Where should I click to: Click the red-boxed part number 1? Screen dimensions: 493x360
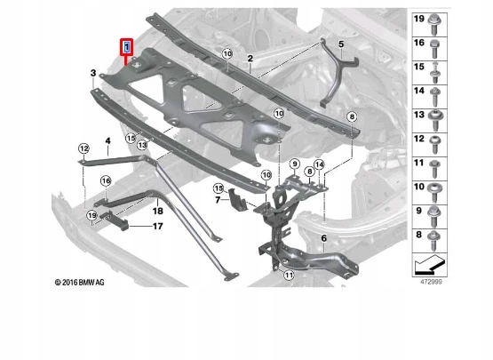[127, 47]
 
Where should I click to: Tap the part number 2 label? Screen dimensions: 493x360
[250, 58]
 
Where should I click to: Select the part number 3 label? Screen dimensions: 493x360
[93, 73]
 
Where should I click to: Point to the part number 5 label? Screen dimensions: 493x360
[341, 44]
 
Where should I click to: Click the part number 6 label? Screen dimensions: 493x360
[324, 238]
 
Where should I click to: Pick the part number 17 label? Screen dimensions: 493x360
[157, 227]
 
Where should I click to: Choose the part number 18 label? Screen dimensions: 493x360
[157, 211]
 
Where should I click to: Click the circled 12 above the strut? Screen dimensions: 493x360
[83, 148]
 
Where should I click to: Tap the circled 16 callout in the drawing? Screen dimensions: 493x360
[106, 181]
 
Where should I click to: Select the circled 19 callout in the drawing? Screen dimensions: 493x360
[91, 216]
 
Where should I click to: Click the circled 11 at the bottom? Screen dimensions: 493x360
[289, 276]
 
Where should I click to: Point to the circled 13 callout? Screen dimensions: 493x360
[142, 145]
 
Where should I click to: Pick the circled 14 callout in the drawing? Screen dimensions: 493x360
[319, 164]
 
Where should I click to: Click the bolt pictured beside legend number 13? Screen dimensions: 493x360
[435, 120]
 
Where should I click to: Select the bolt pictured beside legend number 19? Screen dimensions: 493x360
[434, 24]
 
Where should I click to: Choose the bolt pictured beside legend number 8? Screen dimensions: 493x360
[434, 240]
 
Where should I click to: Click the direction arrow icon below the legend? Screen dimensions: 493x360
[430, 265]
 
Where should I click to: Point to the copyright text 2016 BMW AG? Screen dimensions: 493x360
[79, 283]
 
